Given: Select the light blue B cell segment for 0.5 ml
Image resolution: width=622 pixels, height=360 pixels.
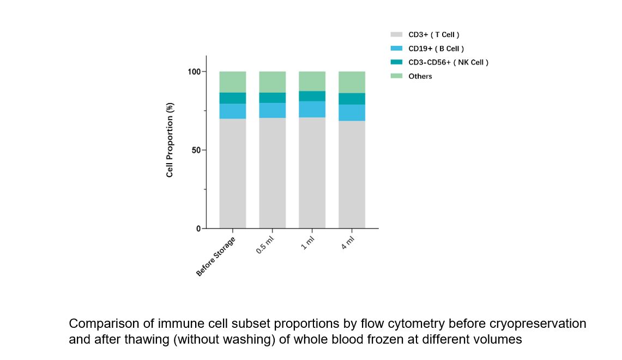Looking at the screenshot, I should click(273, 110).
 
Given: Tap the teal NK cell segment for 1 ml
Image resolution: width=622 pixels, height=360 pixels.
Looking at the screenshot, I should click(312, 96).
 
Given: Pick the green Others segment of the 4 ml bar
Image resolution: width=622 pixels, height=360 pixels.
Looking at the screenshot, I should click(352, 82).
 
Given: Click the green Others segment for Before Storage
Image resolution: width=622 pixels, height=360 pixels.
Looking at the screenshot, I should click(233, 82).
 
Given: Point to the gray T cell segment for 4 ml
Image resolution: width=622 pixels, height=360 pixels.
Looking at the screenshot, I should click(352, 174).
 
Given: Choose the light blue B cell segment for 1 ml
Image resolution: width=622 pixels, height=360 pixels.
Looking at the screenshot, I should click(312, 109).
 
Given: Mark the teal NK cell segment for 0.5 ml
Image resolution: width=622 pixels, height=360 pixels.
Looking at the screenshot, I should click(273, 98).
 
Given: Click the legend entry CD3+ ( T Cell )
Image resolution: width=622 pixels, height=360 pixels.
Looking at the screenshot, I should click(433, 34).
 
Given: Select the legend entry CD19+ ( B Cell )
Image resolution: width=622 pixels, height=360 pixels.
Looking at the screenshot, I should click(436, 49).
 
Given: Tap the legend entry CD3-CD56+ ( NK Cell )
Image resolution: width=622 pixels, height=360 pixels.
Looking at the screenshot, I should click(448, 62).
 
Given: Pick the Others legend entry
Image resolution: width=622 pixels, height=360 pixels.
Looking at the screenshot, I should click(420, 76).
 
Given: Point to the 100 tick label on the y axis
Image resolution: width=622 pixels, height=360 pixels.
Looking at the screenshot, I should click(194, 71).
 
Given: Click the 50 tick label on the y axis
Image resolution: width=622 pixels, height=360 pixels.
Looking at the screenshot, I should click(196, 150).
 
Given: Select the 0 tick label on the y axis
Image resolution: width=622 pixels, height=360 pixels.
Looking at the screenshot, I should click(198, 229).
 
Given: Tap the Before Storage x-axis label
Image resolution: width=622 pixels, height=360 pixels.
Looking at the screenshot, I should click(216, 256).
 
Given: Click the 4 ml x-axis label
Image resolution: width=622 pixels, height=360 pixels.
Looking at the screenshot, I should click(347, 242).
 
